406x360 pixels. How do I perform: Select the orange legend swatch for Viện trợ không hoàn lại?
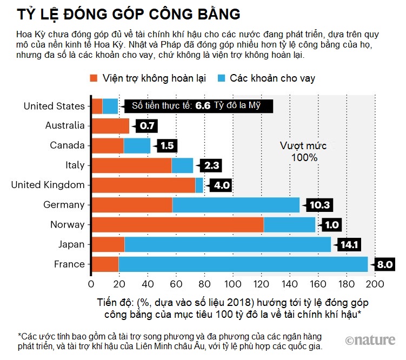[x=94, y=78]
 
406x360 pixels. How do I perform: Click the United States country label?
[x=54, y=106]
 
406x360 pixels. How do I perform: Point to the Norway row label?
[x=68, y=224]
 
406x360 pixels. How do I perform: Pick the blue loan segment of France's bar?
[x=243, y=264]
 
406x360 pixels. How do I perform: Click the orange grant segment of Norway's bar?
[x=177, y=224]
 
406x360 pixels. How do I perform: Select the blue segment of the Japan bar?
[x=228, y=244]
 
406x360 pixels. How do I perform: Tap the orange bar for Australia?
[x=110, y=126]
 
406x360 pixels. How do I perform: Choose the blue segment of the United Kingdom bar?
[x=199, y=185]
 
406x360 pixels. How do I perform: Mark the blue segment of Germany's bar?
[x=236, y=205]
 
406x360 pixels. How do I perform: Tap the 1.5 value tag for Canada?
[x=167, y=146]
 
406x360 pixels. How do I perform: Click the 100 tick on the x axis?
[x=233, y=284]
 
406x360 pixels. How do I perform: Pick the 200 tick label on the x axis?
[x=375, y=284]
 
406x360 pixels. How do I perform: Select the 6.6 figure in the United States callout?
[x=202, y=106]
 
